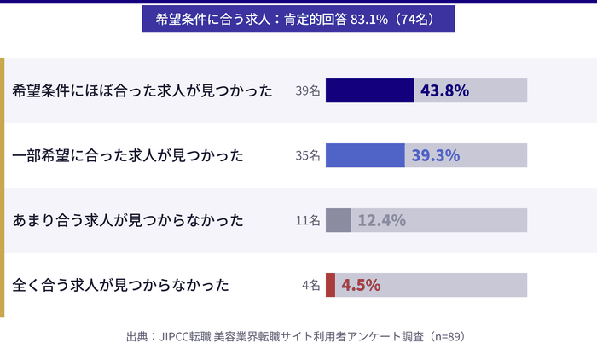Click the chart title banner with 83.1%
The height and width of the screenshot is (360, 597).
click(x=298, y=19)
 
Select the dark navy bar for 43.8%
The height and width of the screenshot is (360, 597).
click(x=369, y=90)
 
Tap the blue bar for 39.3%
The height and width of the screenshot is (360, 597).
click(x=365, y=155)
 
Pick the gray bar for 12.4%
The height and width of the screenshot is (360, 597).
click(x=338, y=220)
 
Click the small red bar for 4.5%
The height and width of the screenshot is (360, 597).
click(x=330, y=285)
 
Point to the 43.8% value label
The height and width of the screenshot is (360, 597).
click(x=444, y=90)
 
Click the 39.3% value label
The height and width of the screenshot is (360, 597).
click(x=436, y=155)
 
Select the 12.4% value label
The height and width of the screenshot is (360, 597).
click(x=381, y=220)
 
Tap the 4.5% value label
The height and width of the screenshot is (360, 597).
click(x=361, y=285)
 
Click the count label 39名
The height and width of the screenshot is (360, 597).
click(x=307, y=90)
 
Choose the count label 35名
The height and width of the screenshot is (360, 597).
click(x=307, y=155)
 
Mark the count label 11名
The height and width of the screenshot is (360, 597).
click(x=307, y=220)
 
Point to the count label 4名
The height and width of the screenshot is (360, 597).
click(x=310, y=285)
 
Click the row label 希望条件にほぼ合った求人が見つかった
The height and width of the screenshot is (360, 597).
click(x=142, y=90)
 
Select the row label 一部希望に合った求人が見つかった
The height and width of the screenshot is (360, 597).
click(x=128, y=155)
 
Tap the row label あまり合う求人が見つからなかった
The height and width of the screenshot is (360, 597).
click(x=128, y=220)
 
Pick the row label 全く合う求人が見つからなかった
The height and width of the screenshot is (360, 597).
click(x=121, y=285)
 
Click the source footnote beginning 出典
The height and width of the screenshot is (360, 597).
click(x=298, y=336)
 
